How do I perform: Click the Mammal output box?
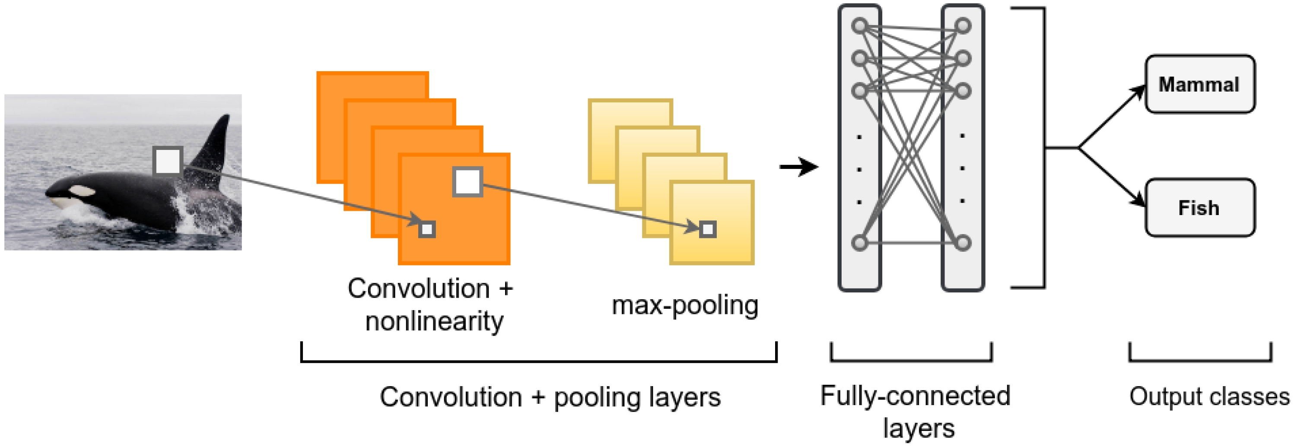(x=1199, y=84)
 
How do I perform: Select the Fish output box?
(x=1199, y=207)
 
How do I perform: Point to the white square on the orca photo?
(x=168, y=161)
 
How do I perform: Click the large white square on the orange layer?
(x=467, y=182)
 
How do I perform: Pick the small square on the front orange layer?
(x=427, y=229)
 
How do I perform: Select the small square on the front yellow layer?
(x=708, y=229)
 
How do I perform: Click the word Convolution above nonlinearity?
(x=418, y=289)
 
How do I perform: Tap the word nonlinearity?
(x=434, y=321)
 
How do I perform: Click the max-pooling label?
(x=685, y=305)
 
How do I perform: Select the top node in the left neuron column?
(x=859, y=25)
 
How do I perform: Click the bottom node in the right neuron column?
(x=963, y=243)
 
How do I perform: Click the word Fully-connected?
(x=915, y=396)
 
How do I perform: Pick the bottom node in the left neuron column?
(x=859, y=243)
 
